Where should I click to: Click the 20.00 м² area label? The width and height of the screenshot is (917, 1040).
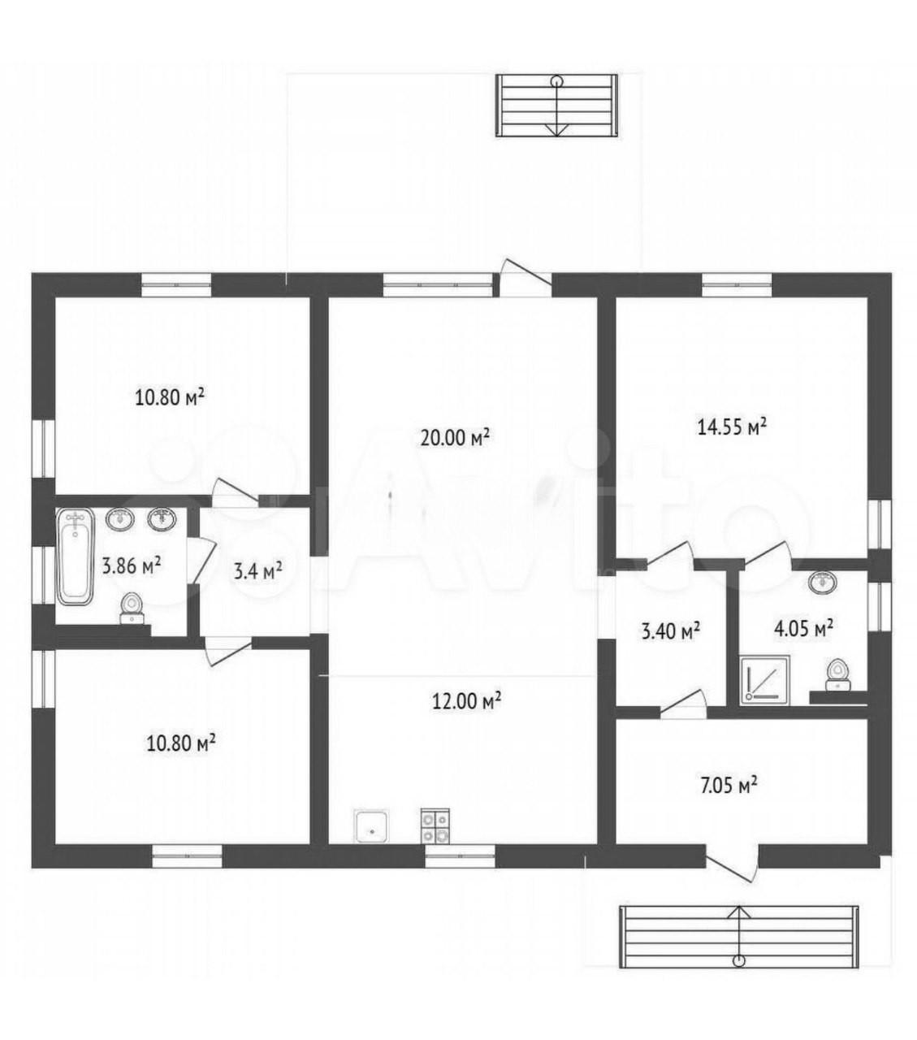pos(454,438)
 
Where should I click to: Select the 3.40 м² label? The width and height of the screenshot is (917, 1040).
pos(671,630)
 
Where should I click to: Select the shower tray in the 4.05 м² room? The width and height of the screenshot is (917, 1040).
pos(764,678)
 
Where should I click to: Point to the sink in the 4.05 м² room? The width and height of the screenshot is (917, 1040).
pos(822,582)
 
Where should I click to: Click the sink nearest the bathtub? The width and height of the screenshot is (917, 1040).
pos(120,519)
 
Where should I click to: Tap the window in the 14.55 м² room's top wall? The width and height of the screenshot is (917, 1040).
pos(737,285)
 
